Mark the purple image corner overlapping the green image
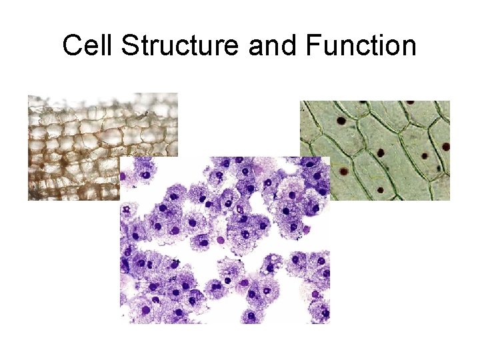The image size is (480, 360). [329, 158]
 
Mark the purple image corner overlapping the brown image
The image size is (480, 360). [121, 158]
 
